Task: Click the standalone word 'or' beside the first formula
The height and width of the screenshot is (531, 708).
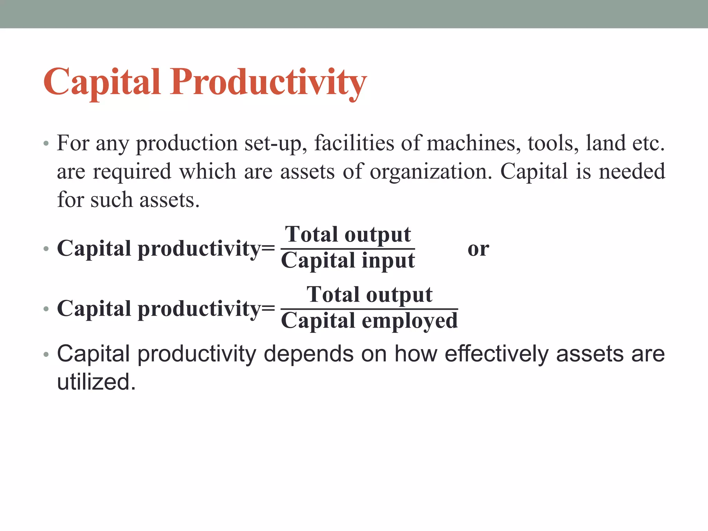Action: coord(478,249)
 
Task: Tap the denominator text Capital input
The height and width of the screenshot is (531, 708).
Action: coord(348,261)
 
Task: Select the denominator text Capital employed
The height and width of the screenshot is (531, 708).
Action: coord(369,321)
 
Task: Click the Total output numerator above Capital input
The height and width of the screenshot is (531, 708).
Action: coord(348,235)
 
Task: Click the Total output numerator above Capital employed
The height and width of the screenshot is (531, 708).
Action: coord(369,295)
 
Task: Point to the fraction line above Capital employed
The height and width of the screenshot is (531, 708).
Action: coord(369,309)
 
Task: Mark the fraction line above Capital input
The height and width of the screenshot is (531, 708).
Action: coord(348,249)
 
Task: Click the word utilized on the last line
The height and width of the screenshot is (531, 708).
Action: coord(96,382)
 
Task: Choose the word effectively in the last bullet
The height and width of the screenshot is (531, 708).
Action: coord(496,354)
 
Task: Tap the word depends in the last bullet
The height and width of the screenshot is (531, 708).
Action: coord(308,354)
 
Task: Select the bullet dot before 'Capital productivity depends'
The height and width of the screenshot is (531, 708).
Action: coord(46,355)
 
